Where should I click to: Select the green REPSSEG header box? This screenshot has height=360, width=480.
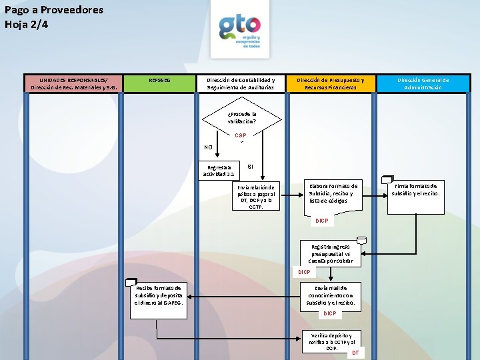pos(159,81)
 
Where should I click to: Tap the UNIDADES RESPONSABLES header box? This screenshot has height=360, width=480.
pos(73,83)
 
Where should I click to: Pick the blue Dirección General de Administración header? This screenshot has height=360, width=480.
pos(423,83)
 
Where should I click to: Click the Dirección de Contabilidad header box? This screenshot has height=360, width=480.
pos(240,83)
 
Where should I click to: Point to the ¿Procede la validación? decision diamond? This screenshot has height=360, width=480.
pos(241,118)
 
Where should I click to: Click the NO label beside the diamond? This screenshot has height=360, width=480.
pos(209,147)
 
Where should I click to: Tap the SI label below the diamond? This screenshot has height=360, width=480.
pos(250,166)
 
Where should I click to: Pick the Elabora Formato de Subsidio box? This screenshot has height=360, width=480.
pos(333,193)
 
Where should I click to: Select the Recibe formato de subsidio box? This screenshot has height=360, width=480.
pos(159,295)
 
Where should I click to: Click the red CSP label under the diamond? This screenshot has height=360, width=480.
pos(240,135)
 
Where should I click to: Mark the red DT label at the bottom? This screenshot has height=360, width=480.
pos(355,353)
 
